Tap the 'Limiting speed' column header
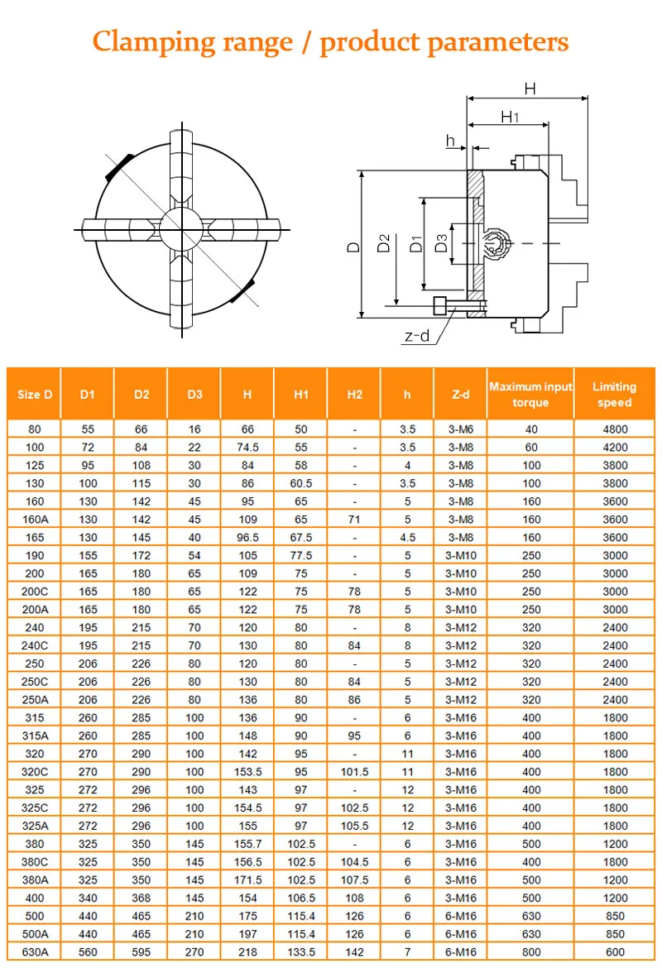tap(614, 395)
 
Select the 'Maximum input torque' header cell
tap(530, 395)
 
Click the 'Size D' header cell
tap(35, 395)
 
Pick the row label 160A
tap(35, 520)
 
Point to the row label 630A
tap(35, 952)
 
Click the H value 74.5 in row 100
tap(247, 448)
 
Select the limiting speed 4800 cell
tap(614, 429)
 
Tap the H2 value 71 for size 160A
tap(354, 520)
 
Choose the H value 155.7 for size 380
tap(247, 844)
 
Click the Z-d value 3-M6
tap(461, 429)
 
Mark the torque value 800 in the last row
tap(530, 952)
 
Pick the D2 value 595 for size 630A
tap(142, 952)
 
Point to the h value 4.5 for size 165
tap(407, 538)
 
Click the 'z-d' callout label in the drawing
tap(417, 337)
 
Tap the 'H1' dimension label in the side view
tap(510, 117)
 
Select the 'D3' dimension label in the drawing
tap(441, 244)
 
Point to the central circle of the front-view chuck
tap(180, 226)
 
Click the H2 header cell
tap(354, 395)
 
